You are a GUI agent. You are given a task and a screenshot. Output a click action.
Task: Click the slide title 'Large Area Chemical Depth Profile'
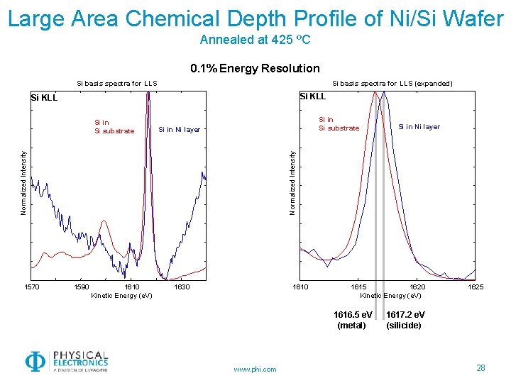[255, 18]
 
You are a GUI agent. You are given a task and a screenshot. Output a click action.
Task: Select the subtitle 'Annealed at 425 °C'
[255, 40]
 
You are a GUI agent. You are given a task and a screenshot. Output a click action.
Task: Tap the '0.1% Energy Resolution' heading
[255, 69]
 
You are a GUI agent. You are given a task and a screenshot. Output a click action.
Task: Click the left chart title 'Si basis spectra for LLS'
[117, 84]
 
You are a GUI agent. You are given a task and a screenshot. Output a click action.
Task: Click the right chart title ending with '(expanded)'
[392, 84]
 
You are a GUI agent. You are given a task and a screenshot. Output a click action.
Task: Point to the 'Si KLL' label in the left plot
[43, 97]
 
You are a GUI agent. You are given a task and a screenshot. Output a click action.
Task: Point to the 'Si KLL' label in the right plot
[312, 96]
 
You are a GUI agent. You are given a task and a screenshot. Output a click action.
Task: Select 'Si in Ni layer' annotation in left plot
[179, 130]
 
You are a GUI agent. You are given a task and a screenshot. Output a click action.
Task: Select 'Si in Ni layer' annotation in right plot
[419, 127]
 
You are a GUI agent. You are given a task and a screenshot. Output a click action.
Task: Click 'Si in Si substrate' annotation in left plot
[114, 127]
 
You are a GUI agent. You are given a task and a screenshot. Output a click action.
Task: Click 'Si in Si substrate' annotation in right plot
[339, 124]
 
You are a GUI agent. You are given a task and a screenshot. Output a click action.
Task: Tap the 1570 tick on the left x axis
[32, 287]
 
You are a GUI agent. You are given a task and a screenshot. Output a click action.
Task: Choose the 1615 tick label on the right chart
[359, 287]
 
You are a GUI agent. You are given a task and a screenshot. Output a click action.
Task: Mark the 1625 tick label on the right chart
[476, 287]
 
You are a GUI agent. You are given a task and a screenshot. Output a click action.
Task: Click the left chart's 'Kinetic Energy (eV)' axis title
[121, 295]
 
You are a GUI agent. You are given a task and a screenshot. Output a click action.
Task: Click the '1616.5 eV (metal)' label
[352, 320]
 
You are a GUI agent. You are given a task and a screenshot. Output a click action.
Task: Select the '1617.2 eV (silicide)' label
[405, 320]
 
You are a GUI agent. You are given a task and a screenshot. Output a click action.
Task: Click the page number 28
[480, 367]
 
